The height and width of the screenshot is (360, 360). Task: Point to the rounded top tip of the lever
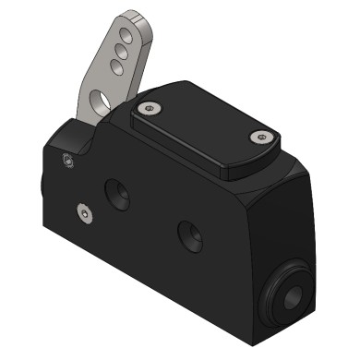coord(138,16)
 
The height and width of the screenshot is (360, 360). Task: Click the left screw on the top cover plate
coord(149,109)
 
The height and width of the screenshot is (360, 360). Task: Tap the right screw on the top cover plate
coord(260,138)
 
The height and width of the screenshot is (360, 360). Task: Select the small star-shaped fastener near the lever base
coord(66,162)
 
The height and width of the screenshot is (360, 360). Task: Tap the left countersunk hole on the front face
coord(119,193)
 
